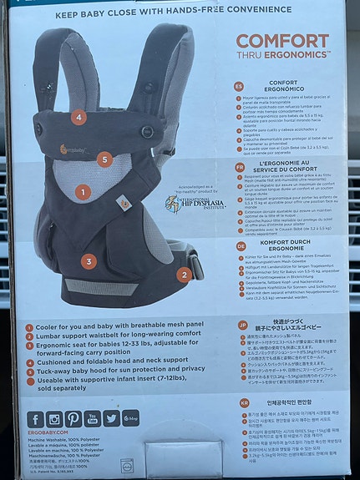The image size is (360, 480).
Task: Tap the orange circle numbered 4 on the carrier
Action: (x=79, y=118)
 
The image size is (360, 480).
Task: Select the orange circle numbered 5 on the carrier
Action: (x=104, y=159)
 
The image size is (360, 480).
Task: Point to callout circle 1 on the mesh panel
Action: (x=82, y=192)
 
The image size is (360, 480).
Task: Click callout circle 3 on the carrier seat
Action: (x=89, y=261)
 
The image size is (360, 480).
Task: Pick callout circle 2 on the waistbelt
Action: (x=184, y=274)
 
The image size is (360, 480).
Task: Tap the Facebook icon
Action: (x=35, y=419)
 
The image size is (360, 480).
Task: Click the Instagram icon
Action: (x=54, y=419)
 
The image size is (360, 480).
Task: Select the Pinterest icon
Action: (x=74, y=419)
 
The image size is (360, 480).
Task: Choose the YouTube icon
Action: (x=93, y=419)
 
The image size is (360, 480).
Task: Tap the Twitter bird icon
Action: (x=112, y=419)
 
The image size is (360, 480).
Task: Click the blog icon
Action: (x=131, y=419)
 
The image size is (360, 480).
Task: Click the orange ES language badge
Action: (x=239, y=86)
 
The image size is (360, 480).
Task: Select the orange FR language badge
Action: (x=239, y=166)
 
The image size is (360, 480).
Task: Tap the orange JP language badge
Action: (x=241, y=325)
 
